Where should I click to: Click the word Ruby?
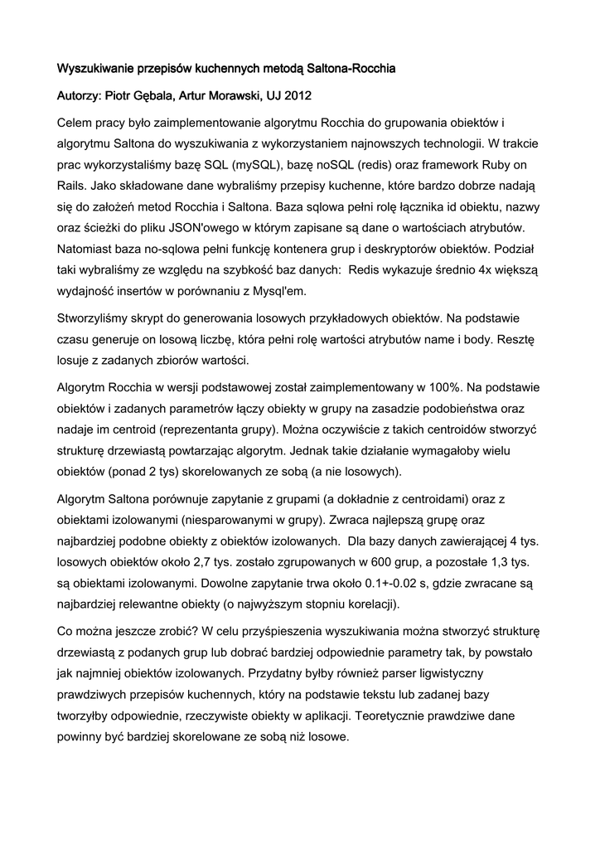497,164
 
